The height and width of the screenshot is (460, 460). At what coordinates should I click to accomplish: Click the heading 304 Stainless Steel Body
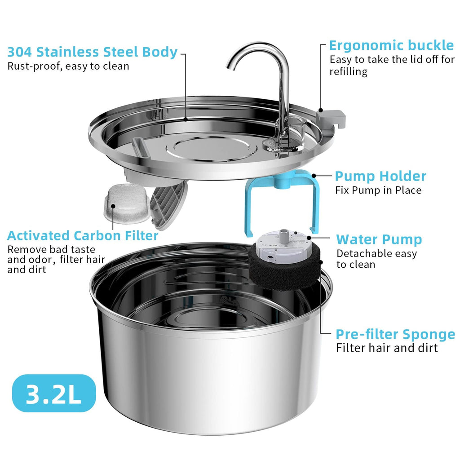(92, 52)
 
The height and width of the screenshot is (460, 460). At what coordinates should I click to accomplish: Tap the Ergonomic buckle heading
(391, 45)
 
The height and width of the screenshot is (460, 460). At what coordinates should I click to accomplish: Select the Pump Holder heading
(380, 176)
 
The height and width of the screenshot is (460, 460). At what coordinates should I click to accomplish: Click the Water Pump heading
(379, 239)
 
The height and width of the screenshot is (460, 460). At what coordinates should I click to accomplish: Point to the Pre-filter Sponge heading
(395, 334)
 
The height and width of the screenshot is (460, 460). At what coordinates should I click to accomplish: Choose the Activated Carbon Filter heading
(83, 236)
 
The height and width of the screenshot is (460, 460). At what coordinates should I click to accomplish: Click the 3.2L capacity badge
(54, 394)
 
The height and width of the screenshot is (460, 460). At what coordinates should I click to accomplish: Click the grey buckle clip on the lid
(332, 119)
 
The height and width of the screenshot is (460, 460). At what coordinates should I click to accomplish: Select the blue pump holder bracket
(279, 202)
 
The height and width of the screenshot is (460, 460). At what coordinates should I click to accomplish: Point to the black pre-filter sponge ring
(285, 272)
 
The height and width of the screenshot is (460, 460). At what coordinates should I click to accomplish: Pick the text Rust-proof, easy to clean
(68, 66)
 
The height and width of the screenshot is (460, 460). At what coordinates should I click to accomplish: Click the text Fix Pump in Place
(378, 190)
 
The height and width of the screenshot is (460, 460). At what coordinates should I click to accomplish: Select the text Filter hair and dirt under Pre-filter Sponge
(386, 348)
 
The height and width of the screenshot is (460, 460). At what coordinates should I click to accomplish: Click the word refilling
(348, 71)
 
